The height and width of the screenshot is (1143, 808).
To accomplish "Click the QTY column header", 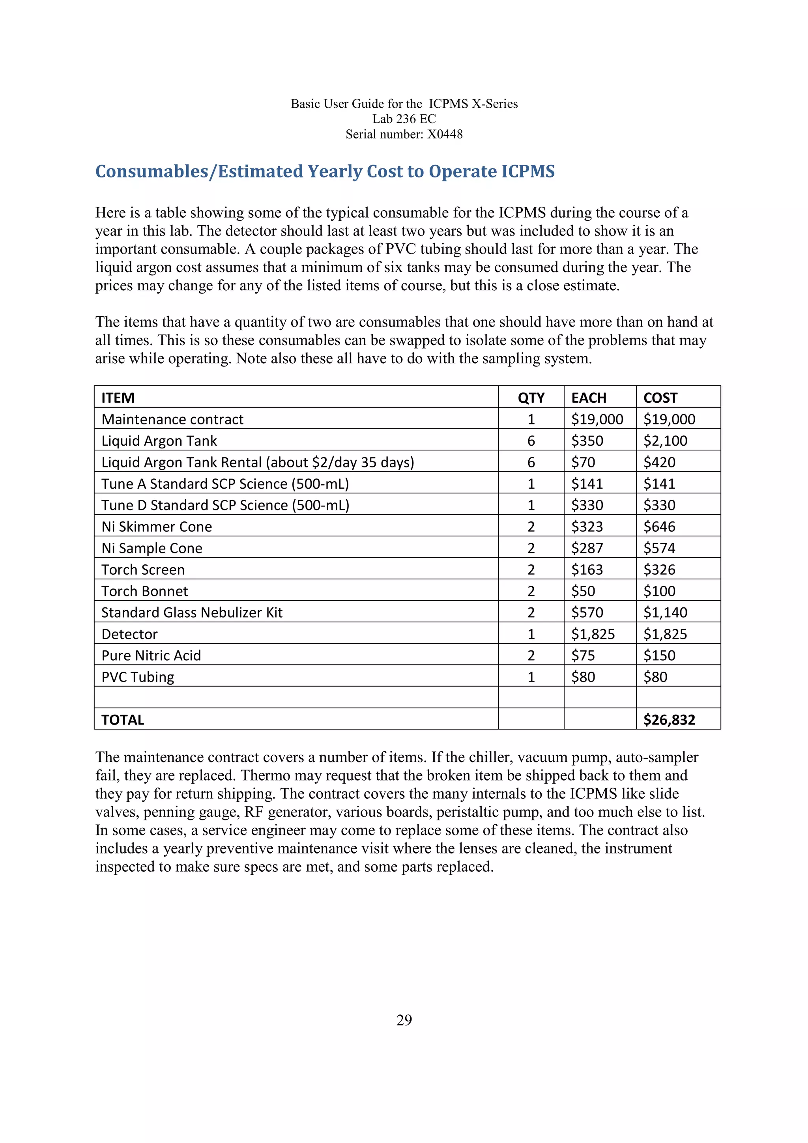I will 531,398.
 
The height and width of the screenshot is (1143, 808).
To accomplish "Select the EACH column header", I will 589,398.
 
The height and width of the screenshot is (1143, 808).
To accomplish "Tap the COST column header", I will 660,398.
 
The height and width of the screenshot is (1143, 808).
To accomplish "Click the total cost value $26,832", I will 669,720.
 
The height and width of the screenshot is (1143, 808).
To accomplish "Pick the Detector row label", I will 129,634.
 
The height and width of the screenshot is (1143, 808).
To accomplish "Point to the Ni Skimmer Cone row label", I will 157,527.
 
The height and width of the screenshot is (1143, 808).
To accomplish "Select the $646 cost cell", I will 659,527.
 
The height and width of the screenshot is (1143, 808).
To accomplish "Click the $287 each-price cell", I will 587,548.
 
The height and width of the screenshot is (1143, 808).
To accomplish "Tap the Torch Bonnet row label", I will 144,591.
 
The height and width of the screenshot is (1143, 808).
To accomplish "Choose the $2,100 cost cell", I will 665,441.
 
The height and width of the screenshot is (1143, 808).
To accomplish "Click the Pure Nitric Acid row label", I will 151,656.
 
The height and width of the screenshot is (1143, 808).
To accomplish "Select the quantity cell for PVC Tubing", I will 531,677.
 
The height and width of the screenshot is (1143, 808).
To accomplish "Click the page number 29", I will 404,1021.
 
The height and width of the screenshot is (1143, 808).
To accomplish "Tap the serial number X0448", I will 445,134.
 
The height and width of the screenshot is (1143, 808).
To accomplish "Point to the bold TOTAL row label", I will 122,720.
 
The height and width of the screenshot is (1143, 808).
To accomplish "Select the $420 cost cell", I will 659,463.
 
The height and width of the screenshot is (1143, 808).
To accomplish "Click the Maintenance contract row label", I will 172,420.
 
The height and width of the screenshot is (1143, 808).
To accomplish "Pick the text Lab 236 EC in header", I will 404,119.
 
